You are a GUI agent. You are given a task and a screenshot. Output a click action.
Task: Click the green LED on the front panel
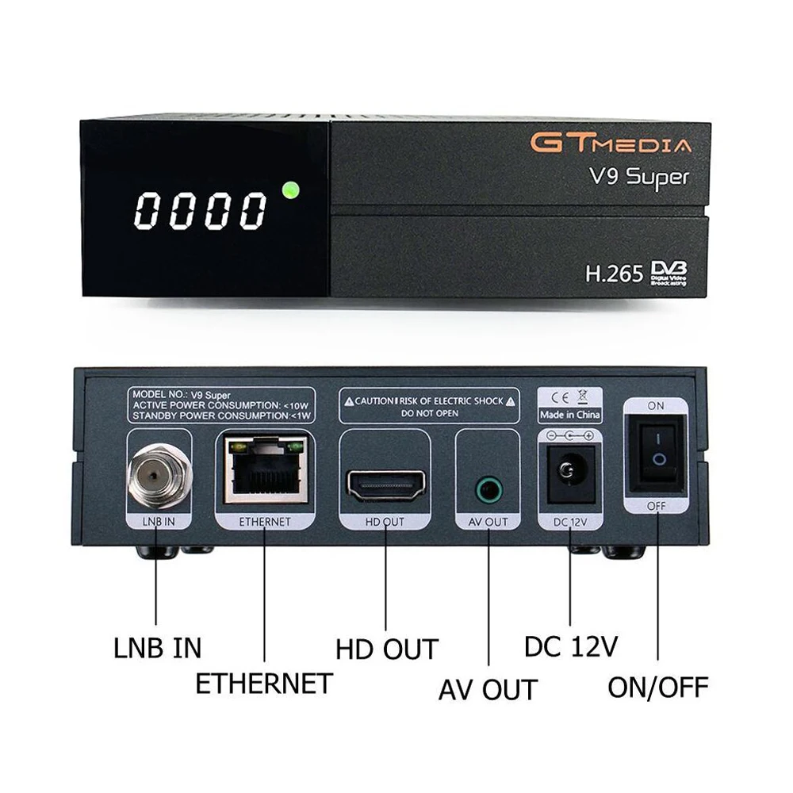pyautogui.click(x=289, y=190)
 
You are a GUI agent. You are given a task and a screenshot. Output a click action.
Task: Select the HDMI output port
pyautogui.click(x=386, y=485)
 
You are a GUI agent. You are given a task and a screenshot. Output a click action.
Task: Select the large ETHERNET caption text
pyautogui.click(x=263, y=683)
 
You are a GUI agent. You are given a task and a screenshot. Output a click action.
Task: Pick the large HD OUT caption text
pyautogui.click(x=386, y=649)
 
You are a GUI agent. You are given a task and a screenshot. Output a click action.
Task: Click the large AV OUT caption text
pyautogui.click(x=488, y=689)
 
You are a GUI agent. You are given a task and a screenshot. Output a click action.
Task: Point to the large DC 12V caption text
pyautogui.click(x=570, y=646)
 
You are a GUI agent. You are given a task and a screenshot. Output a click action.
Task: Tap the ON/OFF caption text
pyautogui.click(x=657, y=687)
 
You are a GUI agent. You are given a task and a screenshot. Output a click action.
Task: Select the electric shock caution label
pyautogui.click(x=427, y=407)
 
